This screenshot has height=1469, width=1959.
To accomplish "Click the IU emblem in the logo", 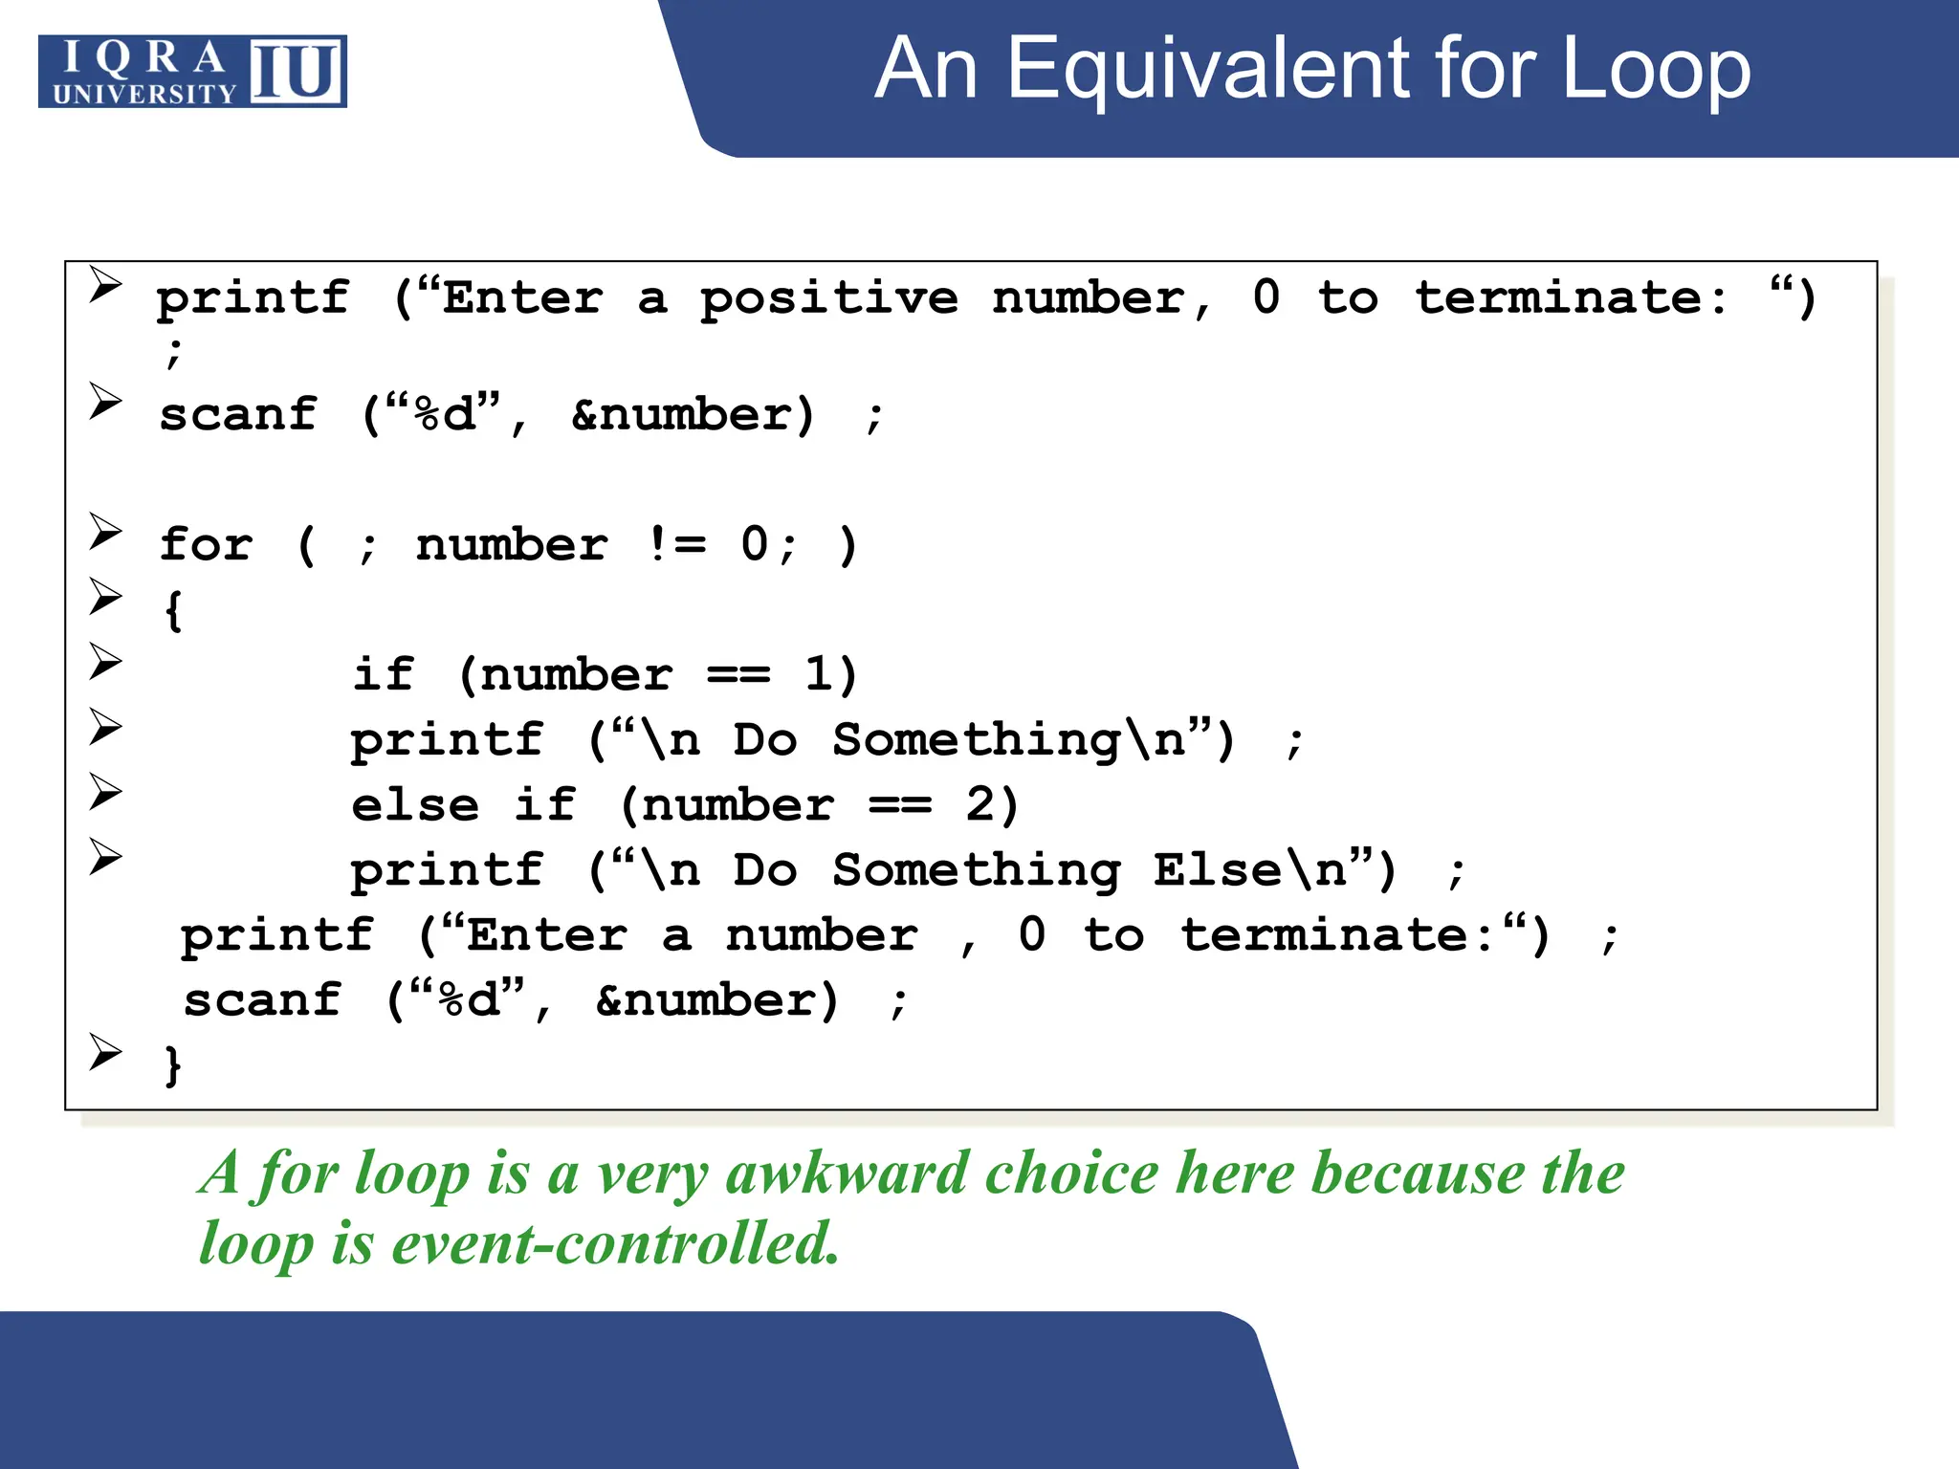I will (x=297, y=71).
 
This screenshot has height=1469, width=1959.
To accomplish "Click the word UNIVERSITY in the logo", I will (x=144, y=94).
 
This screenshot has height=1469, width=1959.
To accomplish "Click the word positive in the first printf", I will (x=828, y=299).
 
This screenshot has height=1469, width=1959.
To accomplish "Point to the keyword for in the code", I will (x=207, y=545).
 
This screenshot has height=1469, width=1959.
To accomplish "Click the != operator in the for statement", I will (x=676, y=545).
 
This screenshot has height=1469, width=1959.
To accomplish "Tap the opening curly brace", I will (x=173, y=610).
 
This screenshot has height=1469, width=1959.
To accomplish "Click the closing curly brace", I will (x=173, y=1064).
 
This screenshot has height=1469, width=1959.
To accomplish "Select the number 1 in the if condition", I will (x=820, y=675).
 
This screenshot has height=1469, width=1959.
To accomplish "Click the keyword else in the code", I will (x=415, y=805).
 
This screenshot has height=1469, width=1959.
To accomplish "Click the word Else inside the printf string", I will (x=1216, y=870).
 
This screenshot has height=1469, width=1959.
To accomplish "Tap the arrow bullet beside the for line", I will (x=105, y=531).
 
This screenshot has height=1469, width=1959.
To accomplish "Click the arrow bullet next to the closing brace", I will (x=105, y=1051).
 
